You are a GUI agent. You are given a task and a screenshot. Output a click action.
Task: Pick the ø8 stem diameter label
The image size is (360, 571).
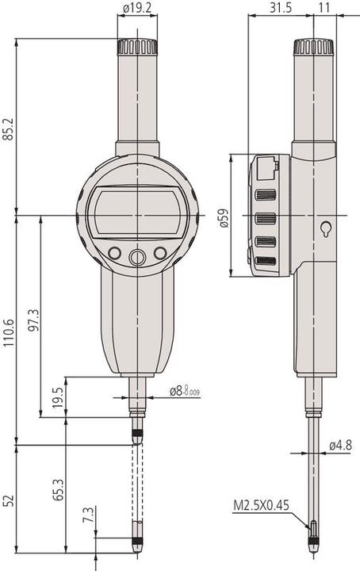click(x=184, y=390)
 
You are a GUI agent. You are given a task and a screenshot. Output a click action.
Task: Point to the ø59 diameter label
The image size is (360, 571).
click(x=224, y=217)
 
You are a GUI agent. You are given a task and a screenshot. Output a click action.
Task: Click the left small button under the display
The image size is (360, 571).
click(x=114, y=254)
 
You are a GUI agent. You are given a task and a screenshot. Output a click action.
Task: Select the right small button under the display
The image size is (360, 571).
click(x=160, y=254)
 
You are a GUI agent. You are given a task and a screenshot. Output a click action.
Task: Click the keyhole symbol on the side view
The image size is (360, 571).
click(x=325, y=228)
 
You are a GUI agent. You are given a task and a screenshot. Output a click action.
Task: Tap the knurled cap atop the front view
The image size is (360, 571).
click(x=137, y=47)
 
